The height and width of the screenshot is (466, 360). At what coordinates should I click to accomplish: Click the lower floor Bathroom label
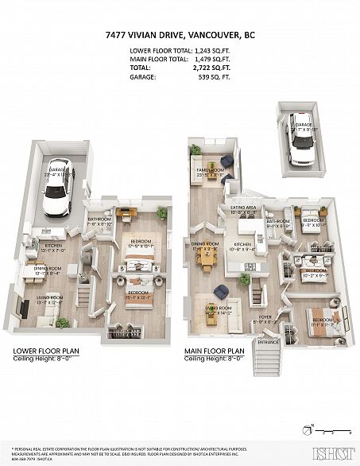click(101, 219)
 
